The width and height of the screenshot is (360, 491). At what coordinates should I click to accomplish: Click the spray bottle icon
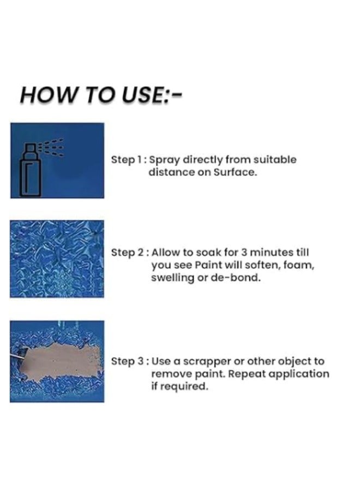pyautogui.click(x=31, y=170)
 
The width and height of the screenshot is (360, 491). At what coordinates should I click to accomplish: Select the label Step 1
pyautogui.click(x=127, y=160)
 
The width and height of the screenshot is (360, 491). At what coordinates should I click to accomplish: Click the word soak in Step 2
pyautogui.click(x=208, y=253)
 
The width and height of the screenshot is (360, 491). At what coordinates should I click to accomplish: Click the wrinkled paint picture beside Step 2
pyautogui.click(x=57, y=259)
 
